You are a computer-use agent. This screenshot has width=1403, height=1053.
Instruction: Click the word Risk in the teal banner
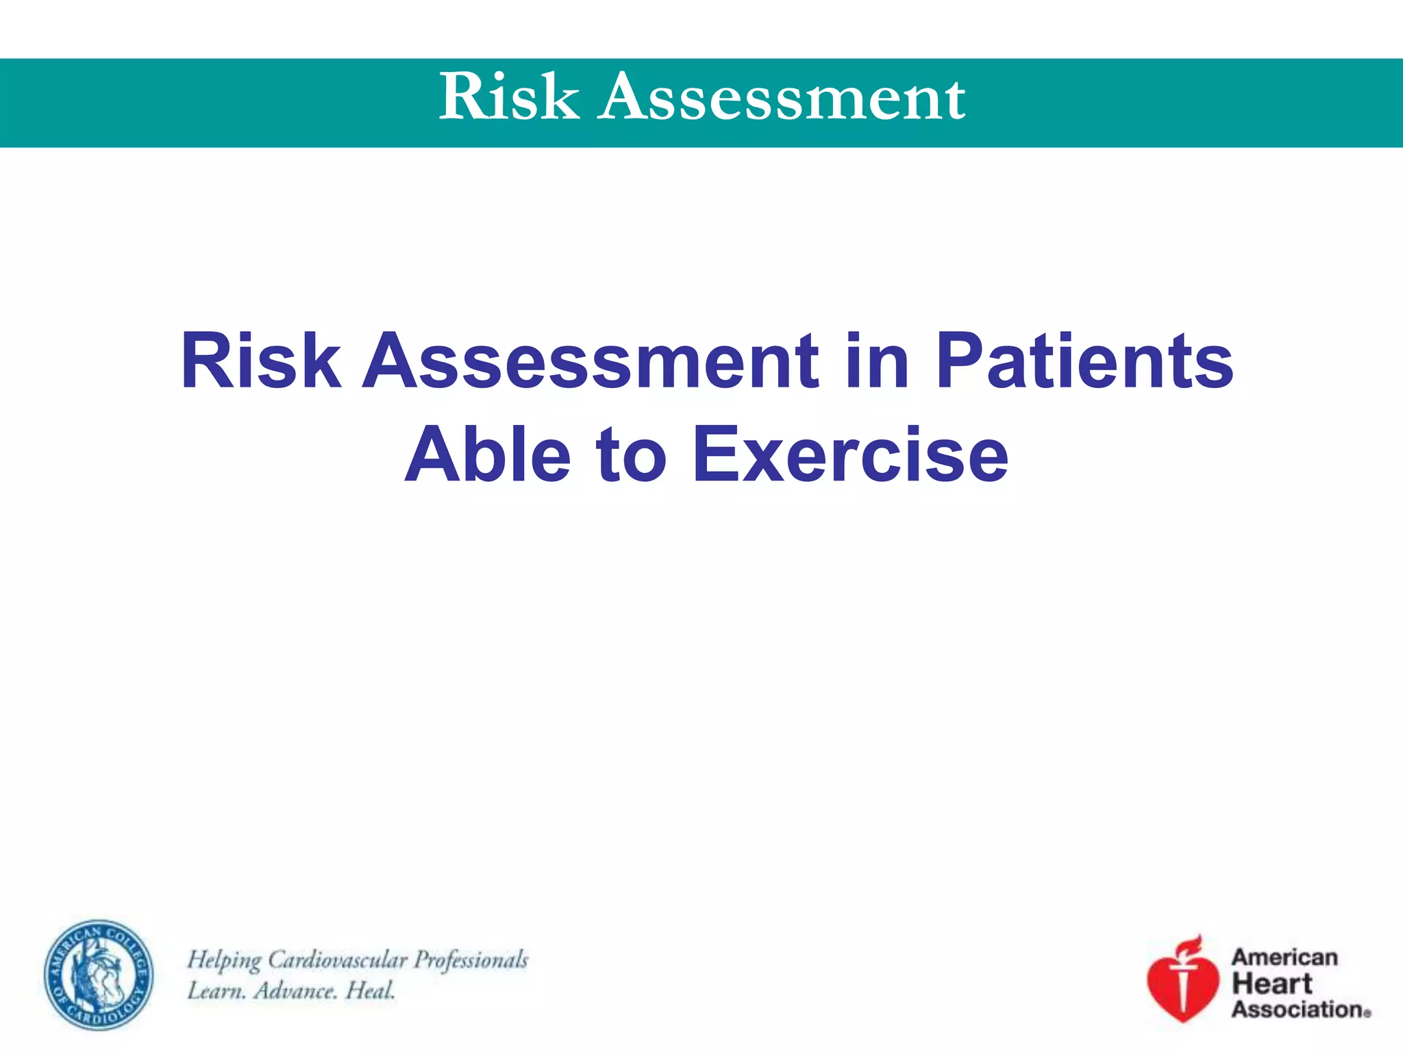(x=508, y=97)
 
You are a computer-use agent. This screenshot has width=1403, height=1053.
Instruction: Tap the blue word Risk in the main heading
(x=260, y=361)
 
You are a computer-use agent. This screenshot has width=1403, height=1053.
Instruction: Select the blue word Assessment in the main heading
(x=591, y=361)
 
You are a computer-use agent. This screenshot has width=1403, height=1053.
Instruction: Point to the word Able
(x=488, y=455)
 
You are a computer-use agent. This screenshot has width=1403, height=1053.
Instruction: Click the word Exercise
(x=850, y=455)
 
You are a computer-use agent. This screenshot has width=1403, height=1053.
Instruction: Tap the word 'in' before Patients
(x=877, y=361)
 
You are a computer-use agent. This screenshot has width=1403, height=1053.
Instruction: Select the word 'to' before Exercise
(x=631, y=455)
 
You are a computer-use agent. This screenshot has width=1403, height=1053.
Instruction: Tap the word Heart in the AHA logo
(x=1271, y=984)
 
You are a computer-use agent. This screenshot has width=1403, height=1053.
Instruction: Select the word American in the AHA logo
(x=1284, y=957)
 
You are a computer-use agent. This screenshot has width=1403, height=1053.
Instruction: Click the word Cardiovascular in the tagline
(x=338, y=960)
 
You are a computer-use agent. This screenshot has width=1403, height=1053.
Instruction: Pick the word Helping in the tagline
(x=224, y=960)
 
